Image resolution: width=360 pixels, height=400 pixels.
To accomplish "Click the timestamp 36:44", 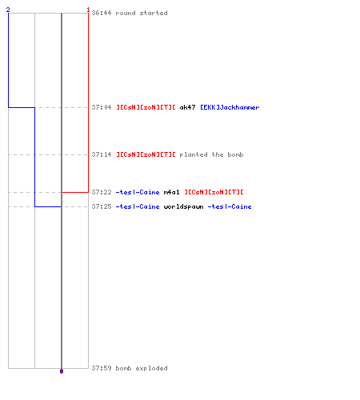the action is coord(102,13).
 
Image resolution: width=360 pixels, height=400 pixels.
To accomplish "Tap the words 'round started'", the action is coord(142,13).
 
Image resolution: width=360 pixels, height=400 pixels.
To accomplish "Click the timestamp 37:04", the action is coord(102,107).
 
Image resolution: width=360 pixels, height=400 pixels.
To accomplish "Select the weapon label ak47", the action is coord(187,107).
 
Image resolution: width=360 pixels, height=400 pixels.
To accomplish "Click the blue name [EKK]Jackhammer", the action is coord(230,107).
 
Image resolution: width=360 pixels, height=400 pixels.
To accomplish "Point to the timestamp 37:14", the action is coord(102,154).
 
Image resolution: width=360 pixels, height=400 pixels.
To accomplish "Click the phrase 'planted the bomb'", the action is coord(211,154).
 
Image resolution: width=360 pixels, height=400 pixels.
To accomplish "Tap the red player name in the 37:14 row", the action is coord(146,154).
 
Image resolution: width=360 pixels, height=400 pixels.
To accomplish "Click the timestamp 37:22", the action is coord(102,192).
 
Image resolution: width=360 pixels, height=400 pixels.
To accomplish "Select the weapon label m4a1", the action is coord(171,192).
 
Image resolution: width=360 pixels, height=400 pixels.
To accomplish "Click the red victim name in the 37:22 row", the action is coord(214,192).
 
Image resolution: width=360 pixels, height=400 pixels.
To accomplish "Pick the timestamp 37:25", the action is coord(102,206).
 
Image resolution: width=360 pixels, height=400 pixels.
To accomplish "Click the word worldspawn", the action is coord(183,206).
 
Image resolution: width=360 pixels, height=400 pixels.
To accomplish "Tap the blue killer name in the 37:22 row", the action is coord(138,192).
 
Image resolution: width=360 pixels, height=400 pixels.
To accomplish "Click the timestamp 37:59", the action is coord(102,368).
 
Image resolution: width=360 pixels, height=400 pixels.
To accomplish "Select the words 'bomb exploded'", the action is coord(142,368).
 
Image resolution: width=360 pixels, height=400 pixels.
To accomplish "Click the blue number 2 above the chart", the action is coord(8,10).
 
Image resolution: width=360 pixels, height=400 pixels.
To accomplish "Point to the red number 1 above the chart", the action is coord(88,10).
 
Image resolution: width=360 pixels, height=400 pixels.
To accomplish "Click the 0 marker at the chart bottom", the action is coord(62,371).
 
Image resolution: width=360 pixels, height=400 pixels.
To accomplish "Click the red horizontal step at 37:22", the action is coord(75,192).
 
